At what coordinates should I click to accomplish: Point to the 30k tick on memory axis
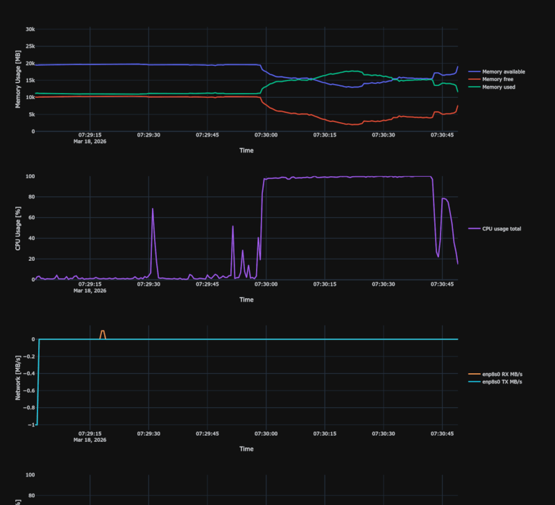30,29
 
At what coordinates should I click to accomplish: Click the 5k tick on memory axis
31,114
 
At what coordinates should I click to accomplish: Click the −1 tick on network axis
32,425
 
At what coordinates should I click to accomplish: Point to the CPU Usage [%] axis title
18,228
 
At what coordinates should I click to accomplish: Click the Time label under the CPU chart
246,300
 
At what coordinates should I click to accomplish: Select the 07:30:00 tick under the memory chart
266,135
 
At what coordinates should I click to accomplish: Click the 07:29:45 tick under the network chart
207,434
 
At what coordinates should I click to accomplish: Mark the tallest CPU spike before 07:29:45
153,209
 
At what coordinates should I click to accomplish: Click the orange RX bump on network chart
103,332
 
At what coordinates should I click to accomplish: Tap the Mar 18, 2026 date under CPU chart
89,291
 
